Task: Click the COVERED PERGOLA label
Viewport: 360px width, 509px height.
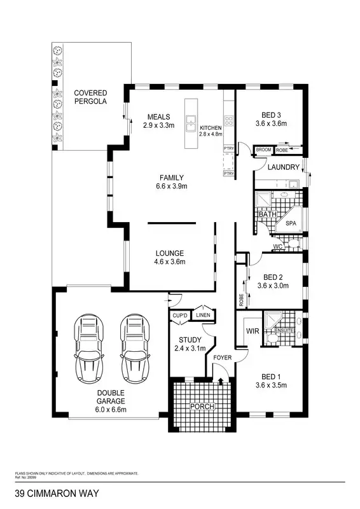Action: coord(90,97)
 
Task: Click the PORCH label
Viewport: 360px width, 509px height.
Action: coord(202,407)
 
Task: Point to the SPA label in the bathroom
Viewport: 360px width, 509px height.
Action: coord(291,224)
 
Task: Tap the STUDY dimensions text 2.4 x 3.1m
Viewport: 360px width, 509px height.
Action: coord(190,348)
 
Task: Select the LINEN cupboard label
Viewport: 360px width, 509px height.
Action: coord(203,315)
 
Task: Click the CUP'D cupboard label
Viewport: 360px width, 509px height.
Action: coord(180,315)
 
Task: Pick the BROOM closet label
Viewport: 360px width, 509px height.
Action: coord(263,150)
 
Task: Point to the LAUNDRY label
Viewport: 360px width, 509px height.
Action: coord(283,167)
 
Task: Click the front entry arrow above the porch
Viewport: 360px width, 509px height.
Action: coord(221,381)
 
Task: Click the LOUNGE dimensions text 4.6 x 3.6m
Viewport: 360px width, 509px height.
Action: coord(169,261)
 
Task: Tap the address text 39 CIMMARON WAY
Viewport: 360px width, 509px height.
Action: coord(57,493)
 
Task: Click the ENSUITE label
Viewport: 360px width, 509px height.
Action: coord(283,331)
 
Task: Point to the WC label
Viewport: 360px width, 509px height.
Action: coord(277,246)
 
